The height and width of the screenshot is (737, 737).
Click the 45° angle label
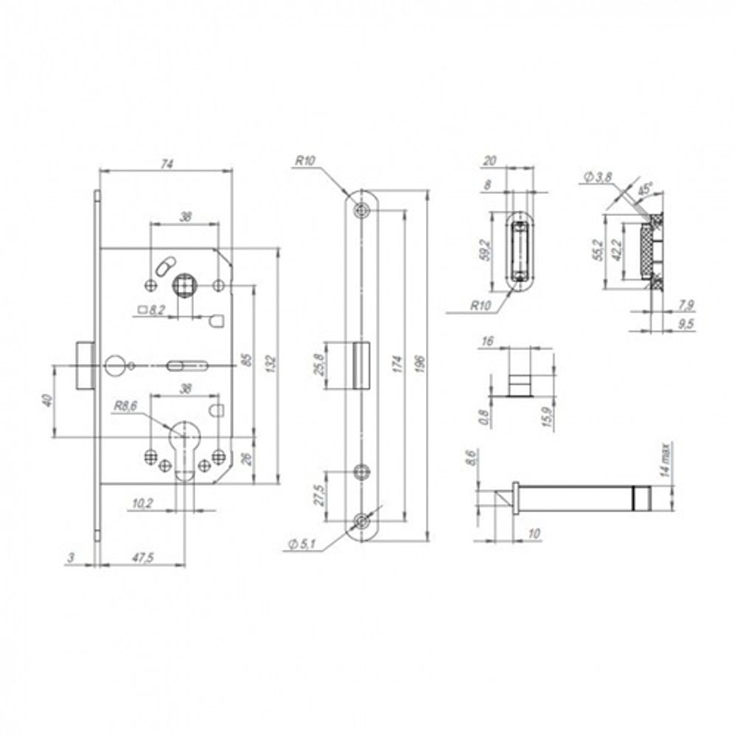click(x=646, y=189)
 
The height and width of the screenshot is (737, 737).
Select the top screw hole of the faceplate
click(x=361, y=210)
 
